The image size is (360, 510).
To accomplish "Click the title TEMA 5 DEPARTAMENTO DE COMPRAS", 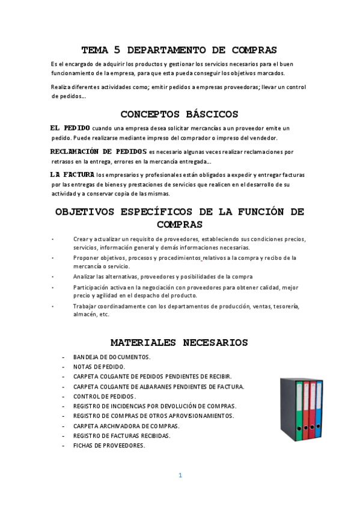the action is click(x=180, y=50).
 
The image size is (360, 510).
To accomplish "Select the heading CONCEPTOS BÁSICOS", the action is click(x=180, y=114).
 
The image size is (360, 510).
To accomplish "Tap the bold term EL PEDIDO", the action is click(x=70, y=127).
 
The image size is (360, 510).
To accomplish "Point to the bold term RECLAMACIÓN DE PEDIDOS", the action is click(x=99, y=151).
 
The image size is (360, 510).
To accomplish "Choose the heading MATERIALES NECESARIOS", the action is click(x=180, y=342).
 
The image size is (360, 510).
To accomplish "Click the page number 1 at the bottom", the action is click(x=180, y=475).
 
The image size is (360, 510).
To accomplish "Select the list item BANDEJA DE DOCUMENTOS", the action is click(x=112, y=357).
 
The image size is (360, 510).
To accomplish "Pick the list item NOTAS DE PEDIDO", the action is click(x=99, y=366).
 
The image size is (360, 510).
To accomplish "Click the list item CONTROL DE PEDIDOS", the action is click(x=105, y=396).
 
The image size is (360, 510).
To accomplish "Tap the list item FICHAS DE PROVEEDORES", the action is click(x=109, y=445).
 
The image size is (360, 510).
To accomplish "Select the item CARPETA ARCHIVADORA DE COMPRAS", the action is click(x=126, y=425).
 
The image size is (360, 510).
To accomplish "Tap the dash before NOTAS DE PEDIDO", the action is click(x=63, y=366).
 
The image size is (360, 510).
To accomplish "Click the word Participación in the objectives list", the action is click(x=91, y=287).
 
